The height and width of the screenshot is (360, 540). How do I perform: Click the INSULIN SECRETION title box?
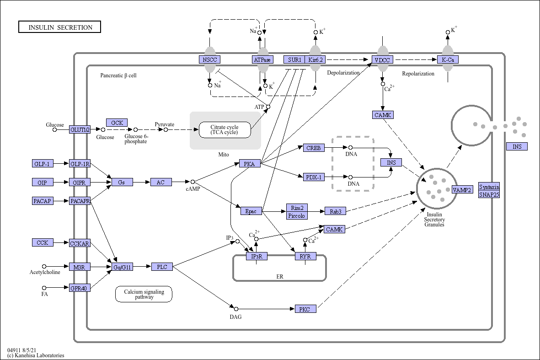tap(59, 27)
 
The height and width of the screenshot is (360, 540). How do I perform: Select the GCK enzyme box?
tap(117, 123)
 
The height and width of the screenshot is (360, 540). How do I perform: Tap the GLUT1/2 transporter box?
tap(80, 129)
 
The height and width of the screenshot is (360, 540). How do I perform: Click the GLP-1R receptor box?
tap(80, 164)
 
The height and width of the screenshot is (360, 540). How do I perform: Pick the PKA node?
tap(250, 164)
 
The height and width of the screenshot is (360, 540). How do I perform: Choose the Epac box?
tap(251, 211)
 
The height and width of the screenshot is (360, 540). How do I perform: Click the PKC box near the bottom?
tap(305, 309)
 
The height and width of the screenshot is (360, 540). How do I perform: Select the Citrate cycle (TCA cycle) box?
tap(225, 130)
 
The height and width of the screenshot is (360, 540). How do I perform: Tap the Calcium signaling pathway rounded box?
tap(144, 294)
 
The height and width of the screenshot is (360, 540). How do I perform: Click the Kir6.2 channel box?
tap(315, 59)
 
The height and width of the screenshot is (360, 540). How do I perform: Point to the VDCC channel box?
tap(382, 59)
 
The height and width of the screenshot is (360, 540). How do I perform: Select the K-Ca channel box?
tap(448, 59)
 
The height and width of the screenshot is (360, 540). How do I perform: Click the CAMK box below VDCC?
tap(383, 115)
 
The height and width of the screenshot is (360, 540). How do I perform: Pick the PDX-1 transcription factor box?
tap(314, 177)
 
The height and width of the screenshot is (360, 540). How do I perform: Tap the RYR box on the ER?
tap(305, 256)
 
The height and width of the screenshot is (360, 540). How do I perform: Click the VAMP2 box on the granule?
tap(462, 189)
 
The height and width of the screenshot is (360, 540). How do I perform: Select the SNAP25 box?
tap(489, 195)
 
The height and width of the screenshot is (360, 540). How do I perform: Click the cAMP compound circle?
tap(193, 182)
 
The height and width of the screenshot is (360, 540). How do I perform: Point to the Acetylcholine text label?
tap(45, 272)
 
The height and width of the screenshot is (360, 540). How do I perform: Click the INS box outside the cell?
tap(517, 146)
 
